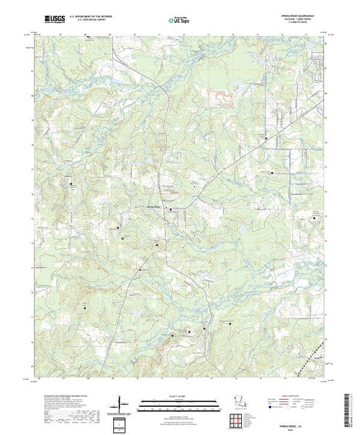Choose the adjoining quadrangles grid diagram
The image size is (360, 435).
click(123, 423)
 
